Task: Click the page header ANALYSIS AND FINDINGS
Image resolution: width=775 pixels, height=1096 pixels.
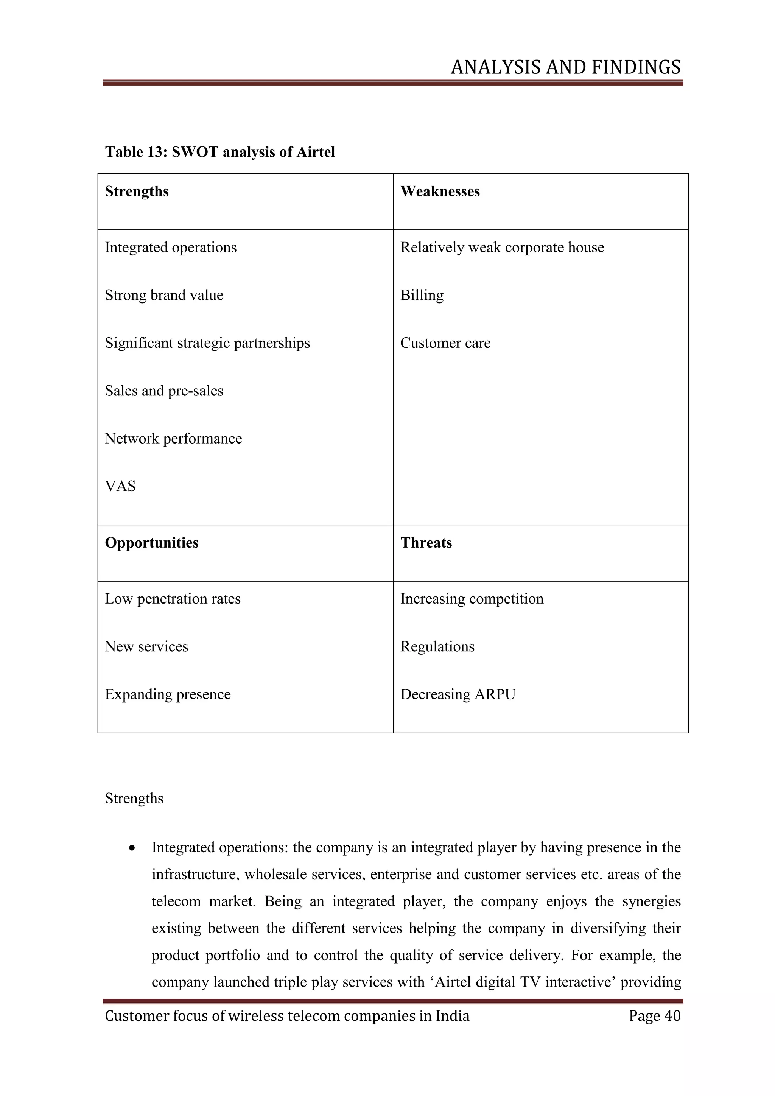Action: coord(565,67)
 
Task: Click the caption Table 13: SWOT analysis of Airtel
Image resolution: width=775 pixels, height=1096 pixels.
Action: coord(220,152)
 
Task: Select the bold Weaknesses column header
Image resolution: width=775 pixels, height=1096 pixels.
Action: coord(440,191)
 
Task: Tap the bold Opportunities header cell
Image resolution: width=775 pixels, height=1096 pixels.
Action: coord(152,543)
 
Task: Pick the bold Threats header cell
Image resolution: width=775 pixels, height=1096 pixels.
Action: coord(426,543)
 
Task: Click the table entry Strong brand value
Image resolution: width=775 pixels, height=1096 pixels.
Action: coord(164,295)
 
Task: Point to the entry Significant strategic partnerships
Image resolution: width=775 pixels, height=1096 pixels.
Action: coord(208,343)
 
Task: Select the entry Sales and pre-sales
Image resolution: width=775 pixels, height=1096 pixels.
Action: coord(164,391)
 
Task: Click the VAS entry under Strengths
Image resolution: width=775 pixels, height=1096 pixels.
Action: coord(120,486)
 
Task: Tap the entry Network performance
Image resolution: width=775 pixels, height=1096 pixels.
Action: coord(173,438)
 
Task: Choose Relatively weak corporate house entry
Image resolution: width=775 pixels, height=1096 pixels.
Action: coord(502,247)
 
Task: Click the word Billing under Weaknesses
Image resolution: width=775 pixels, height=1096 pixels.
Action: coord(422,295)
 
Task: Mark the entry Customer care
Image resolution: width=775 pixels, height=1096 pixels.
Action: coord(445,343)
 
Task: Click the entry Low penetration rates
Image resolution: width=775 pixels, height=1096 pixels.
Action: coord(173,599)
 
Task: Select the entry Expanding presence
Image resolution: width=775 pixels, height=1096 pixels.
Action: coord(168,694)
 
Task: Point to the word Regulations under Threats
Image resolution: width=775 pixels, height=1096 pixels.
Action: coord(437,646)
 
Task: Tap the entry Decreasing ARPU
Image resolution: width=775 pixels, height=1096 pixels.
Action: coord(458,694)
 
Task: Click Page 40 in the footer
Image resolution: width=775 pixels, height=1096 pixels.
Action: coord(654,1015)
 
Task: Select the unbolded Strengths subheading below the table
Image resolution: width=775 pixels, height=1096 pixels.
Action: coord(134,798)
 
